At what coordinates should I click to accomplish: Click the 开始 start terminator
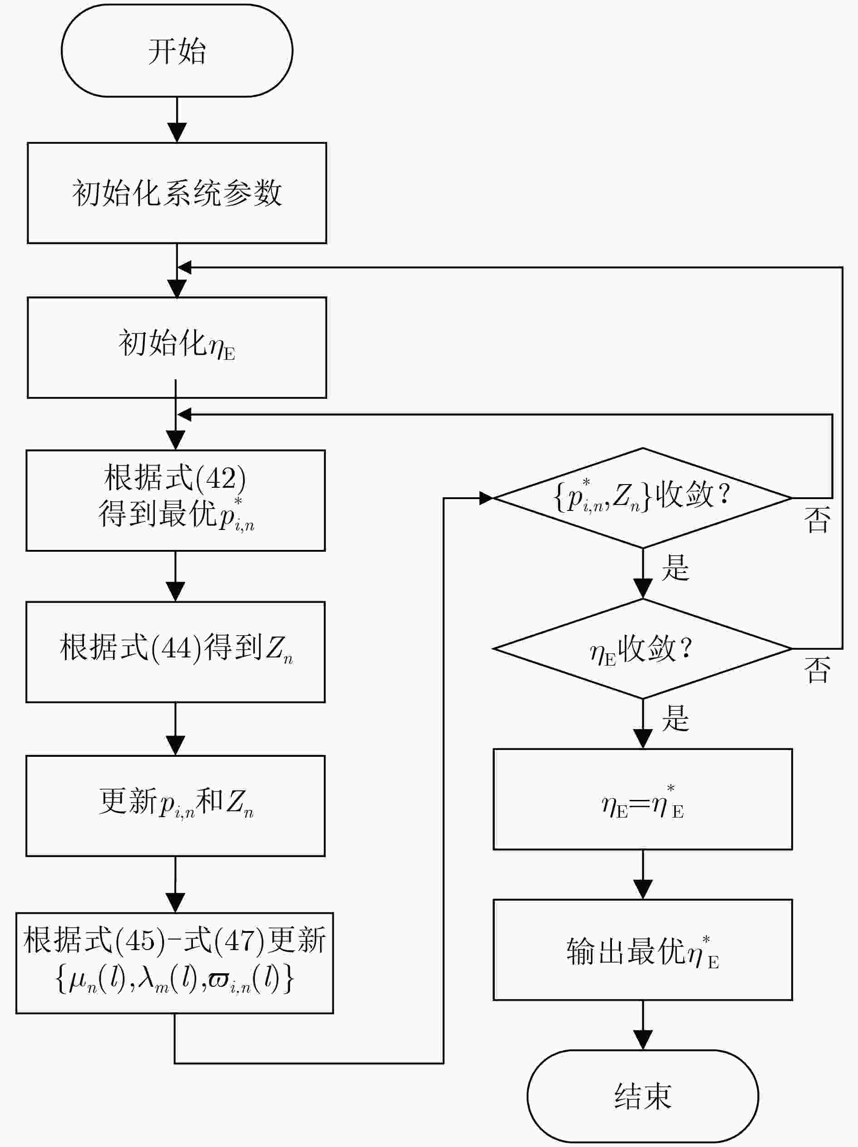[177, 51]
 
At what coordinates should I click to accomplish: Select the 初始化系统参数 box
[177, 193]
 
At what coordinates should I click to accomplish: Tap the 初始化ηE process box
[177, 348]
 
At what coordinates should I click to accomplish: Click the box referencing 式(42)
[176, 500]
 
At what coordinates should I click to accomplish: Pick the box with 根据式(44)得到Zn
[176, 652]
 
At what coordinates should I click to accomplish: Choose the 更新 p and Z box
[176, 806]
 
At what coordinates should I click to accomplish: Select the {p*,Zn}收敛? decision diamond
[643, 498]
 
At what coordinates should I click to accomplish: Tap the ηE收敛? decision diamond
[643, 649]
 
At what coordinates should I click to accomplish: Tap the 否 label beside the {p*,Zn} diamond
[817, 520]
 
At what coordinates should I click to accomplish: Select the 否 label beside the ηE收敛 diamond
[817, 670]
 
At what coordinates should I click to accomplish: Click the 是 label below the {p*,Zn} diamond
[676, 567]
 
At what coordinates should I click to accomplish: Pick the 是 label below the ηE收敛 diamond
[676, 718]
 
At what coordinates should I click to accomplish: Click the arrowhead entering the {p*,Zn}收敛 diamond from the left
[486, 498]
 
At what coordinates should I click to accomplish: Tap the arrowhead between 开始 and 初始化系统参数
[177, 133]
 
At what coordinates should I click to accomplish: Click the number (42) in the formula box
[221, 478]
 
